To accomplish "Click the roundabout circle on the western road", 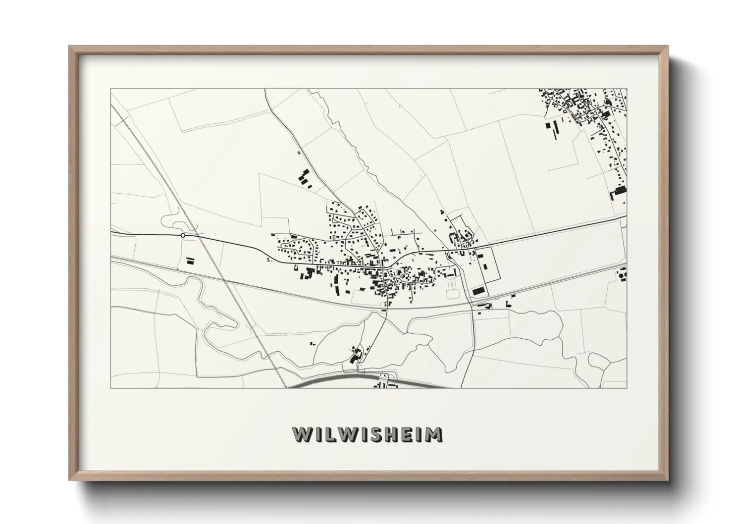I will tap(183, 235).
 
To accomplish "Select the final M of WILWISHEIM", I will tap(433, 434).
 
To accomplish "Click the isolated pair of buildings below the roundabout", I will tap(190, 261).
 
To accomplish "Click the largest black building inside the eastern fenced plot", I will tap(478, 291).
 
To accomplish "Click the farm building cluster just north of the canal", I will tap(356, 355).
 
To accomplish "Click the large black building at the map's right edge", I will tap(620, 191).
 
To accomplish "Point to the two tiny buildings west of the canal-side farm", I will tap(312, 343).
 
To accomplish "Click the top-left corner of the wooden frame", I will tap(70, 47).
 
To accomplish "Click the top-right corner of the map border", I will tap(627, 89).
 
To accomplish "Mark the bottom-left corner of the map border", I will tap(111, 388).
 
